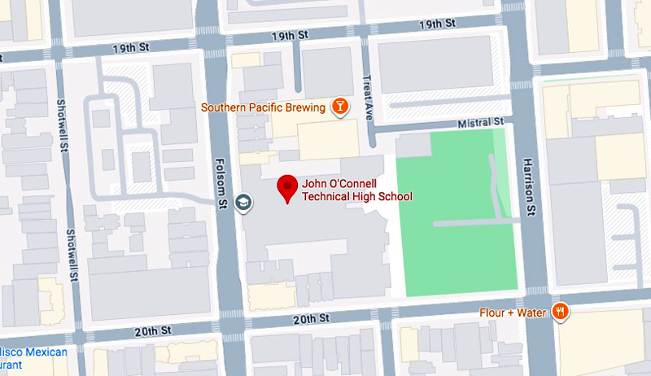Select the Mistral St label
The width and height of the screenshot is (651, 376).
click(483, 122)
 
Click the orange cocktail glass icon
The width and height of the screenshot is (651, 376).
click(339, 107)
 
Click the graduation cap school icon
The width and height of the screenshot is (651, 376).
click(242, 202)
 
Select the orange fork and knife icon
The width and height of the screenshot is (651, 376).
click(561, 312)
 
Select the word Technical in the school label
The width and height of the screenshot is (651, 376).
click(326, 196)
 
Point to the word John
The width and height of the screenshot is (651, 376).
click(313, 183)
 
